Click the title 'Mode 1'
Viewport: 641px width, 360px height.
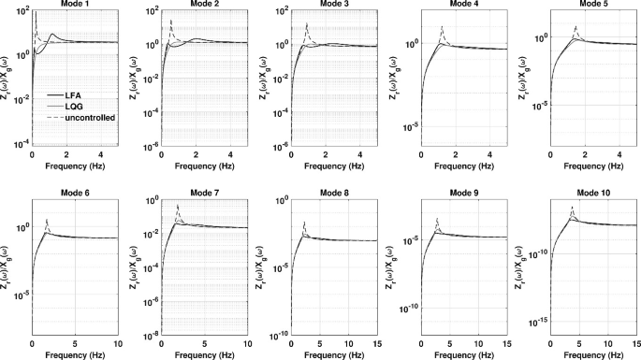[73, 6]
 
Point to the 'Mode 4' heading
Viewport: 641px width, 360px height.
[457, 6]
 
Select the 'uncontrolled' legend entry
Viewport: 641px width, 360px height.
[84, 119]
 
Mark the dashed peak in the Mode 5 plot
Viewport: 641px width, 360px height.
[575, 27]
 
